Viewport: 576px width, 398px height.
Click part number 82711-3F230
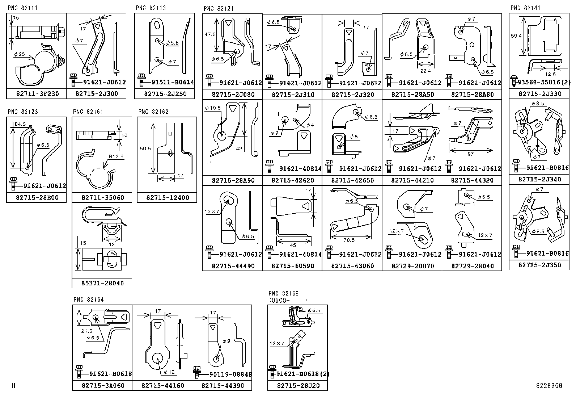tap(37, 94)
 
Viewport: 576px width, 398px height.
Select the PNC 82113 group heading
tap(151, 8)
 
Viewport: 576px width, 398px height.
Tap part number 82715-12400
tap(168, 198)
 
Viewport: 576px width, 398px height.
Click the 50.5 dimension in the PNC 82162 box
tap(145, 148)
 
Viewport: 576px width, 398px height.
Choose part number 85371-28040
tap(102, 283)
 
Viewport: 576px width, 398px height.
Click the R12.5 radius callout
tap(116, 157)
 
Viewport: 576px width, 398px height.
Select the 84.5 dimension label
tap(20, 124)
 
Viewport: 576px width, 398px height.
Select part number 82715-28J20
tap(298, 386)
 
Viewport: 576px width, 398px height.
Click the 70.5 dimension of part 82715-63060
tap(349, 240)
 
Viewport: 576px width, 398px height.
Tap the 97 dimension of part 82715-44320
tap(470, 154)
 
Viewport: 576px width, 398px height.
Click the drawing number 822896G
tap(549, 386)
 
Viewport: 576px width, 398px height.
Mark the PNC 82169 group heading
tap(283, 293)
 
